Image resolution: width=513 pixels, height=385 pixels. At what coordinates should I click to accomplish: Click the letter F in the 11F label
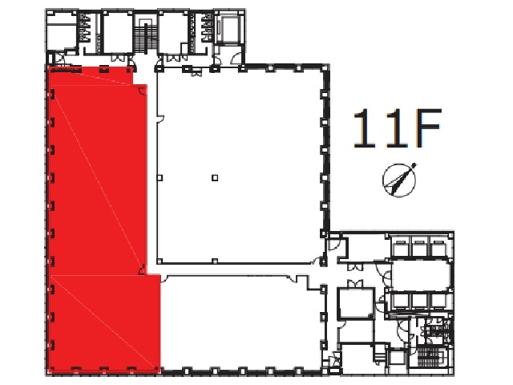(x=428, y=128)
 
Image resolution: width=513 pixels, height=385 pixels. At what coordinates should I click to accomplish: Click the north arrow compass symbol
(x=399, y=180)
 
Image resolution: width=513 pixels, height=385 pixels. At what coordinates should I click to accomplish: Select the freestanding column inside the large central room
(x=215, y=178)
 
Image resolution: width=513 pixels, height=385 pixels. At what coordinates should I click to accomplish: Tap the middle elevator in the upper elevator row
(x=419, y=248)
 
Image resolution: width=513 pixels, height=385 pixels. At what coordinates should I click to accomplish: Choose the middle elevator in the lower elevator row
(x=419, y=301)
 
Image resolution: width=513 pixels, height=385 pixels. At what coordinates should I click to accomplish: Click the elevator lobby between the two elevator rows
(x=421, y=274)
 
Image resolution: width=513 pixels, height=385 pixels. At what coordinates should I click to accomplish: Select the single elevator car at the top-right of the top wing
(x=231, y=29)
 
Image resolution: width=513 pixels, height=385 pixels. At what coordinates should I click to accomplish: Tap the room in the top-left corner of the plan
(x=62, y=31)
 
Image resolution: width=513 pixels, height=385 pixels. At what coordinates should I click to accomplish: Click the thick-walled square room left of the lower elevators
(x=356, y=302)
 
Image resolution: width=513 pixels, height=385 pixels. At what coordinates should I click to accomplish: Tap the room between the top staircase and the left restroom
(x=118, y=32)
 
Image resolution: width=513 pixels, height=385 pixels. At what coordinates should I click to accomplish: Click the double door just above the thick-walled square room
(x=355, y=283)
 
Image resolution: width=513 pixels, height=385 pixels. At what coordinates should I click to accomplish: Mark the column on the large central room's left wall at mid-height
(x=160, y=178)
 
